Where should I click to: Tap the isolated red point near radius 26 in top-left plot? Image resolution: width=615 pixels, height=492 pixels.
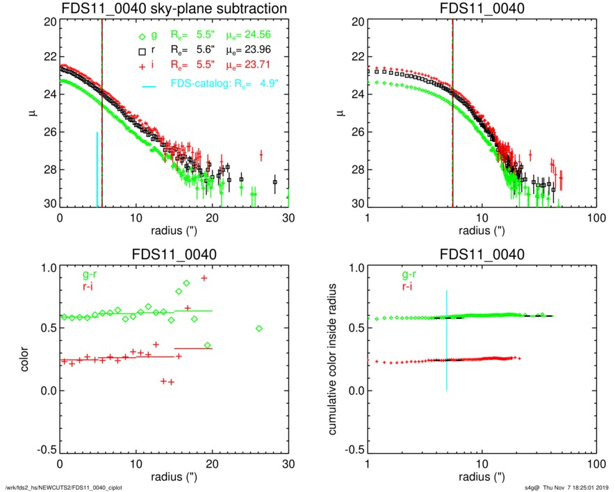[261, 154]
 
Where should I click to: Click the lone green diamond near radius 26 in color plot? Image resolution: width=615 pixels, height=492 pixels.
[259, 328]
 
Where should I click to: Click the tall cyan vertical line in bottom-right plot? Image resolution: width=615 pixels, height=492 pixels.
[447, 341]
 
